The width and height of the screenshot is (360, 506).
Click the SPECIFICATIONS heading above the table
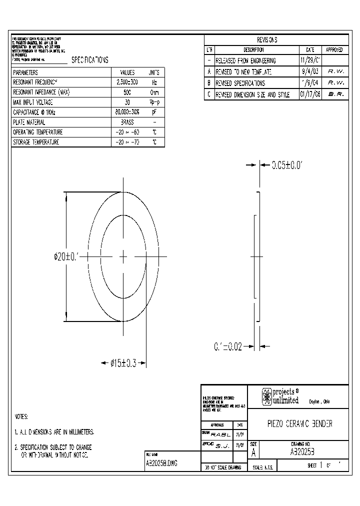coord(89,60)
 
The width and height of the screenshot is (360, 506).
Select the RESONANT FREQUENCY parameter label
coord(35,82)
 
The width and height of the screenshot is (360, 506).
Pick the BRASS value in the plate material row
coord(127,122)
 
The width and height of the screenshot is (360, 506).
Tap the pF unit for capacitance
coord(154,112)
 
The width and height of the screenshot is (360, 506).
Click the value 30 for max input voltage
coord(127,102)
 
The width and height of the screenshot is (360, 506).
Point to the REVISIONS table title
coord(267,40)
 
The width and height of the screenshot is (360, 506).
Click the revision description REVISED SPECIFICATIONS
coord(240,83)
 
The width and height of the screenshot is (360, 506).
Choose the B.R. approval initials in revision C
coord(335,94)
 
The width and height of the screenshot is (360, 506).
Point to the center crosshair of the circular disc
coord(123,257)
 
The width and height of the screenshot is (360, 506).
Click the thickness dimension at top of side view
coord(287,164)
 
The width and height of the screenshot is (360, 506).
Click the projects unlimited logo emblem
coord(267,396)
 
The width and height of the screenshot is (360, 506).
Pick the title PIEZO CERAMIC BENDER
coord(298,423)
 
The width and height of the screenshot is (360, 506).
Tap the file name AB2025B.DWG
coord(161,463)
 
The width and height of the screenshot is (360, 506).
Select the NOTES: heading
coord(21,416)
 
